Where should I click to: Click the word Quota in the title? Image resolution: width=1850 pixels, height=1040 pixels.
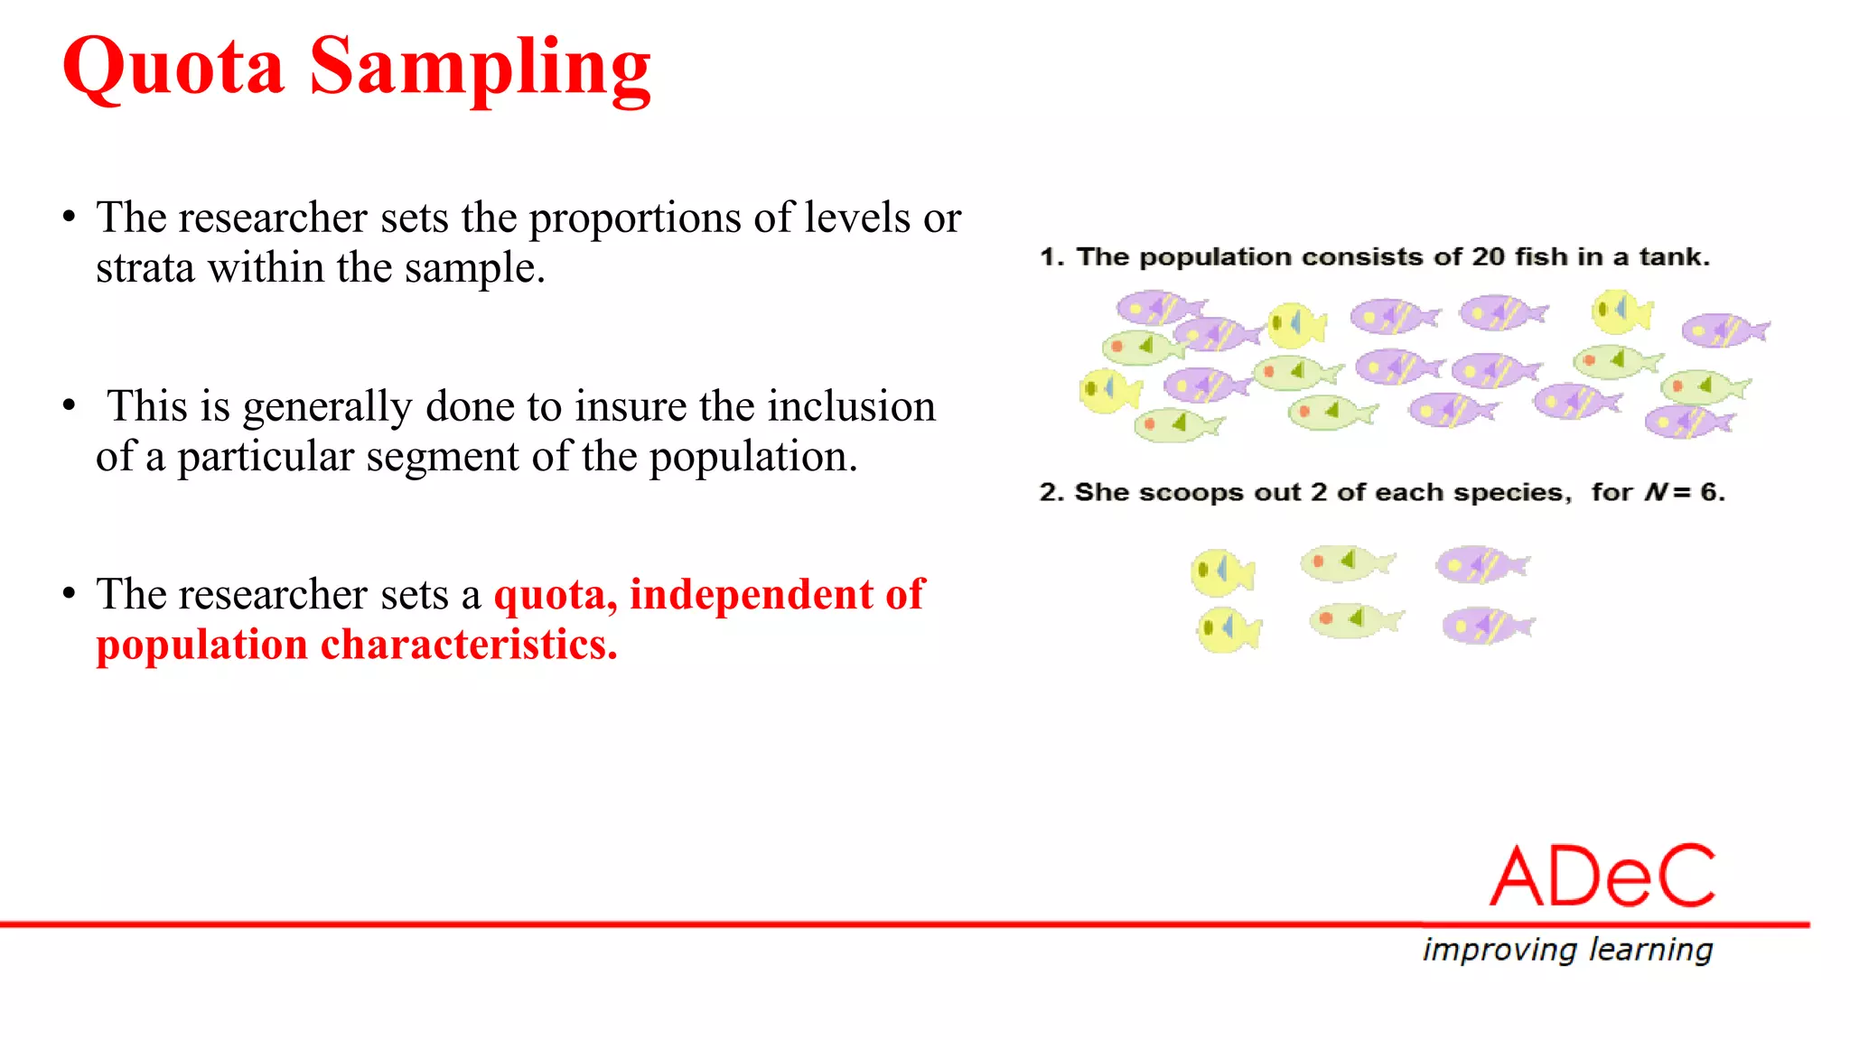[x=173, y=68]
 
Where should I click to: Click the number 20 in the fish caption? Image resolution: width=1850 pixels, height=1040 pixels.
[x=1488, y=257]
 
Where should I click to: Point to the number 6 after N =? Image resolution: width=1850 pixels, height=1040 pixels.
[x=1709, y=492]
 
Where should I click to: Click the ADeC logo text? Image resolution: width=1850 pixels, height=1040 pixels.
[x=1602, y=877]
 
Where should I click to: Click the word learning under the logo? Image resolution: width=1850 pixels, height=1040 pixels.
[x=1650, y=950]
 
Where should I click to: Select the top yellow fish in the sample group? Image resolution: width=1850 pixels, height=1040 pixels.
[x=1221, y=572]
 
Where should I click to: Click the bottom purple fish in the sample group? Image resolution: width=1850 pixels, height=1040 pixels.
[x=1486, y=626]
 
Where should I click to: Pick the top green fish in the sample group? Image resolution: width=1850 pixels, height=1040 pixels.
[x=1345, y=562]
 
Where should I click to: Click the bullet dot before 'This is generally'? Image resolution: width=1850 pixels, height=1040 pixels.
[x=70, y=406]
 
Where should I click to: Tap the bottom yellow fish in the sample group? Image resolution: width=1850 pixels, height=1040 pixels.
[x=1228, y=629]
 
